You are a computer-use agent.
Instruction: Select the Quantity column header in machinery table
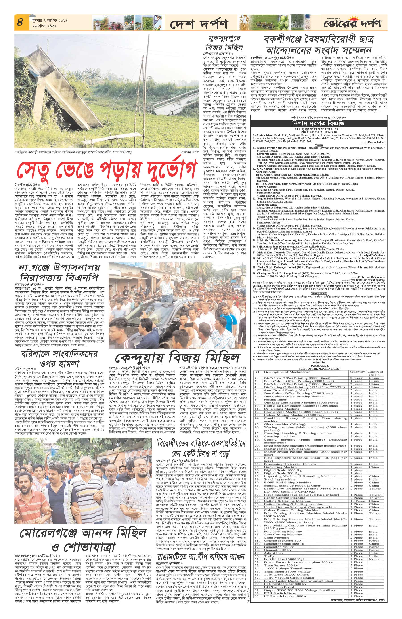(x=357, y=372)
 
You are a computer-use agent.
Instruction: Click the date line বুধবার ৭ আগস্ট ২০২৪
(x=46, y=20)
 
